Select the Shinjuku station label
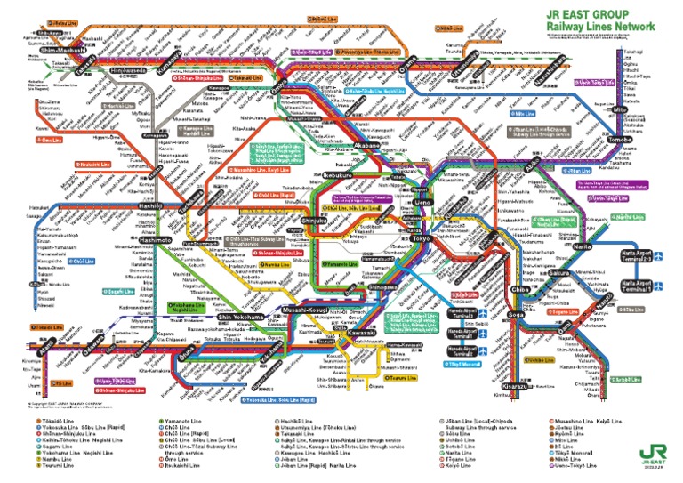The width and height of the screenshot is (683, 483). (314, 220)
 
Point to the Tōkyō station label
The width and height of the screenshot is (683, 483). (420, 239)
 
